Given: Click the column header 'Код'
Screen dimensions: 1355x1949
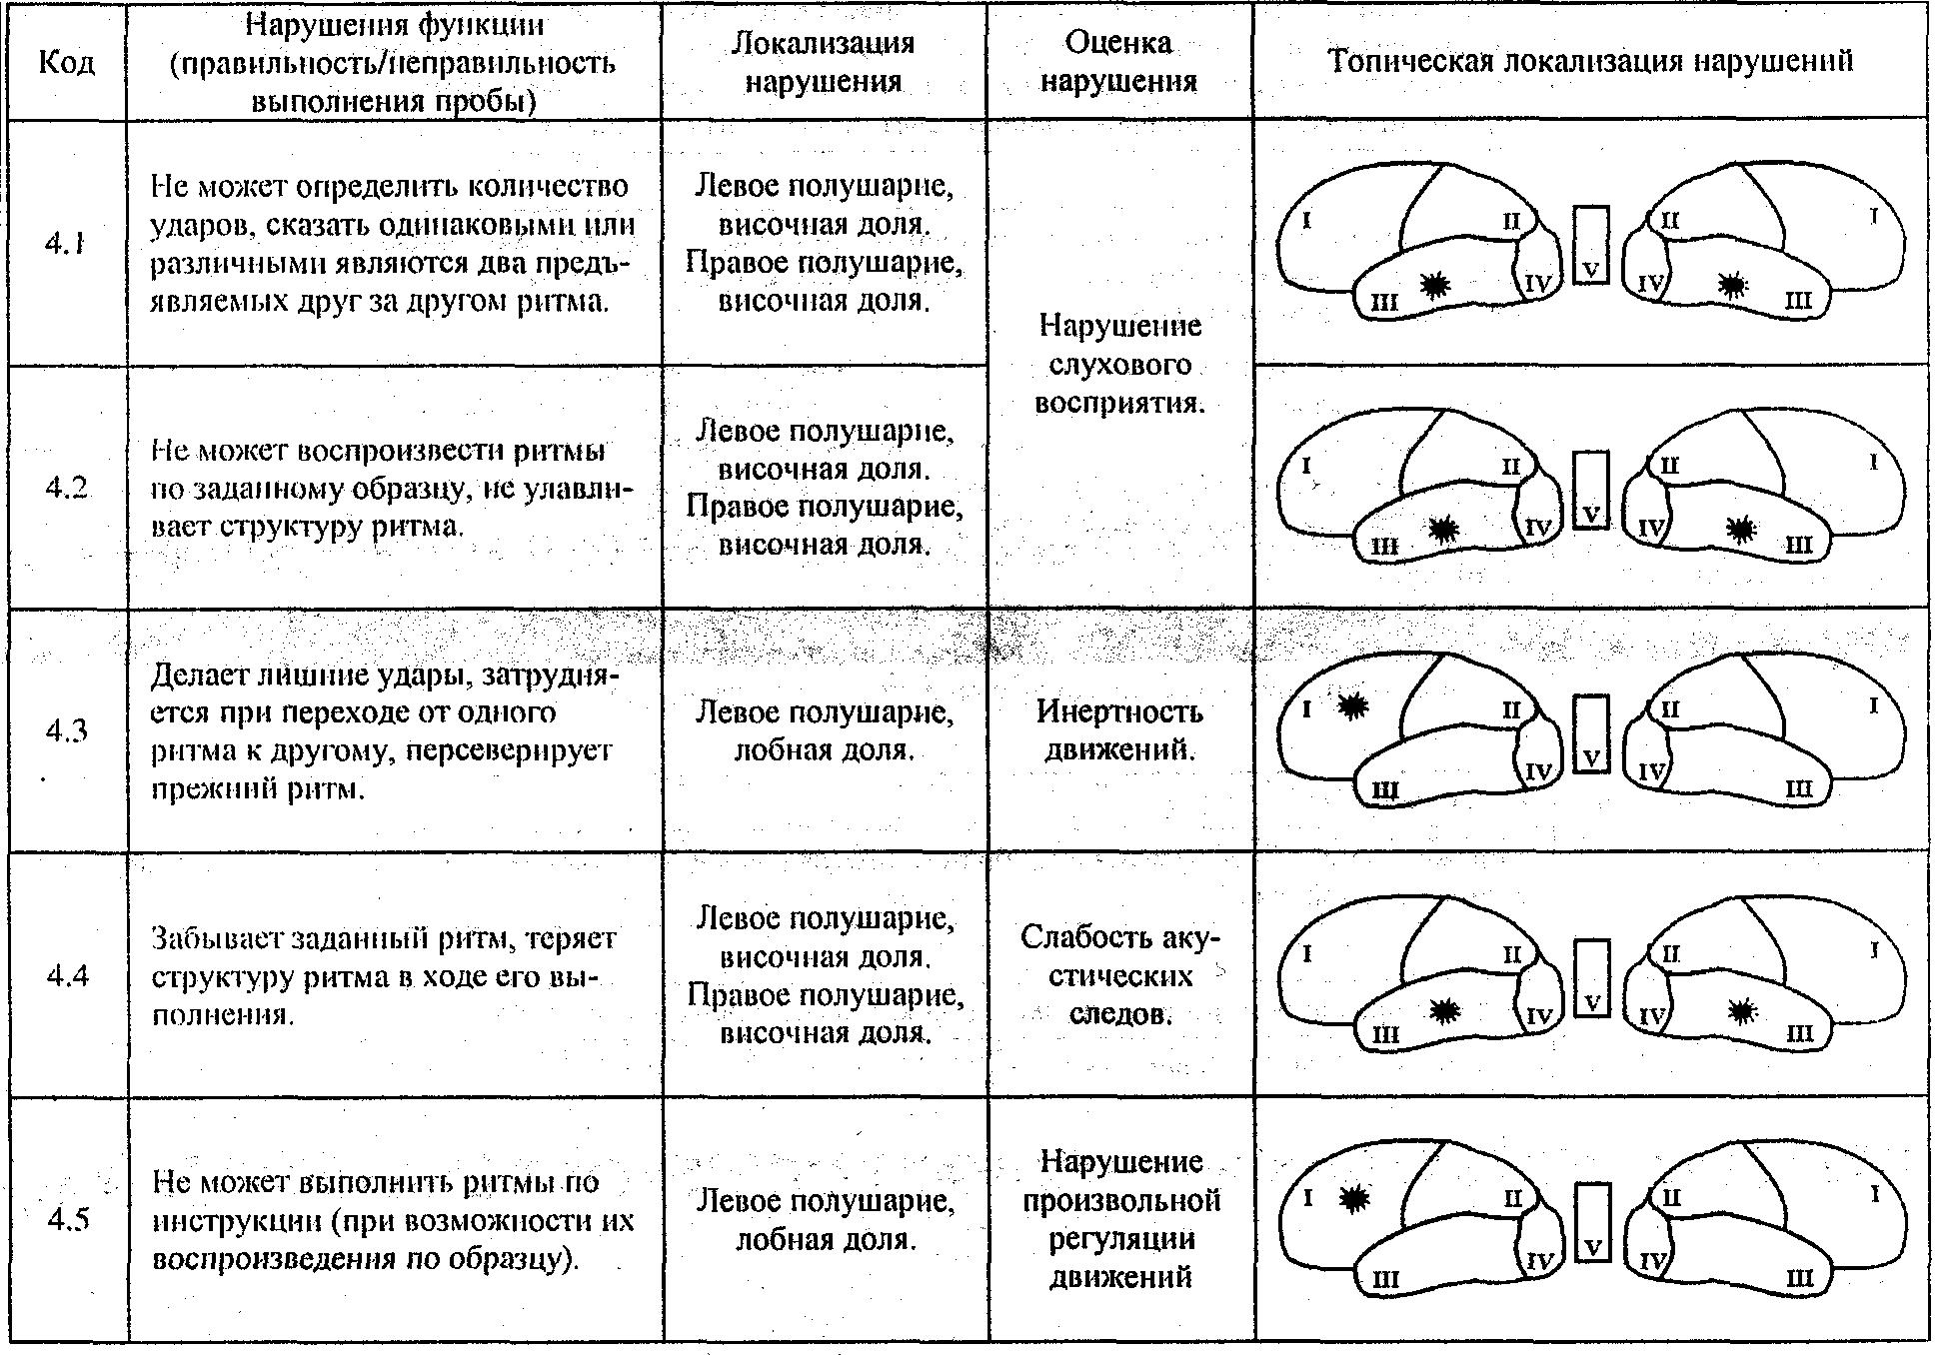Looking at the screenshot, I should [67, 62].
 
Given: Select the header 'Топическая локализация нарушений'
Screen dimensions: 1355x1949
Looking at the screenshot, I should [1590, 61].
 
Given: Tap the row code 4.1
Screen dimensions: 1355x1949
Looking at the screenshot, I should [65, 243].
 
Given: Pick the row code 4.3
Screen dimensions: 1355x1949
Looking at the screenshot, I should [66, 730].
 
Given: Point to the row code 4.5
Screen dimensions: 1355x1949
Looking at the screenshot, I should [67, 1219].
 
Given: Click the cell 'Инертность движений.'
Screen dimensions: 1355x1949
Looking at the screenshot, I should [1119, 730].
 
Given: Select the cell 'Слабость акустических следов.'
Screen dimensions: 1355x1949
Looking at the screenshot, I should [1119, 975].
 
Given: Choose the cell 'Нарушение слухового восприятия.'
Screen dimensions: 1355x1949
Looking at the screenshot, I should [1119, 364].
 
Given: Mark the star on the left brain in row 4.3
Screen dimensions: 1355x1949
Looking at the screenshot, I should [1352, 706].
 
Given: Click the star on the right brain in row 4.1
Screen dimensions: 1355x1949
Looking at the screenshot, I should [1733, 286].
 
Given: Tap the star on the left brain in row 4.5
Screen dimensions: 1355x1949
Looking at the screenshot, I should [1354, 1198].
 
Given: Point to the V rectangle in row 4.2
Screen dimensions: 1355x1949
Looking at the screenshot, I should [1591, 490].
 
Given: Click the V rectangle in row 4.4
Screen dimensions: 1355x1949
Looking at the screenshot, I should [1592, 978].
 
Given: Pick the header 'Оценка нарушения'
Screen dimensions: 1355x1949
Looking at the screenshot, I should [1119, 61].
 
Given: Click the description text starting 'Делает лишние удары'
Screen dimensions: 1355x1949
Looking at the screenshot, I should [385, 731].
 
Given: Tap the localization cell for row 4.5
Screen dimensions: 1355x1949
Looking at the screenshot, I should [825, 1219].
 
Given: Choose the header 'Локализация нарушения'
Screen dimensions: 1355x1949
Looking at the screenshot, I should [824, 61].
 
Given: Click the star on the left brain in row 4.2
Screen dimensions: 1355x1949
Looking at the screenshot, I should [1441, 530].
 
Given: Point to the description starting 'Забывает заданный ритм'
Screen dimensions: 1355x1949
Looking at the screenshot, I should [385, 976].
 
